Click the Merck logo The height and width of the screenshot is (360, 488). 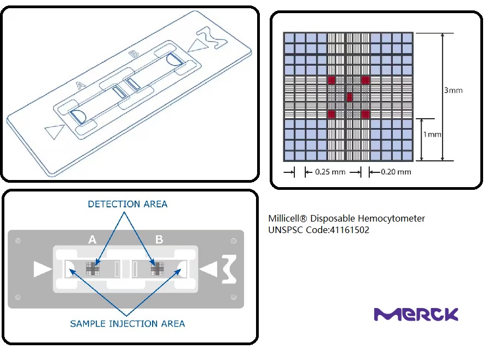pyautogui.click(x=416, y=314)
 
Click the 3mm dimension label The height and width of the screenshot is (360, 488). pyautogui.click(x=453, y=90)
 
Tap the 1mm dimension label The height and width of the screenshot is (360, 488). pyautogui.click(x=433, y=134)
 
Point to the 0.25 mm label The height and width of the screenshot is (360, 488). pyautogui.click(x=330, y=172)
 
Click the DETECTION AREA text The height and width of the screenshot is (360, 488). pyautogui.click(x=127, y=204)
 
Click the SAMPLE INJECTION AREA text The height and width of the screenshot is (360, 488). pyautogui.click(x=127, y=323)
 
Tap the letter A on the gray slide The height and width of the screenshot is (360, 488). pyautogui.click(x=92, y=239)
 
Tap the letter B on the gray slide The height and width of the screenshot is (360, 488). pyautogui.click(x=159, y=239)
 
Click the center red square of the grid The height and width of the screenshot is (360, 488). pyautogui.click(x=348, y=97)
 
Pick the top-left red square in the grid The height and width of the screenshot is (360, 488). pyautogui.click(x=331, y=80)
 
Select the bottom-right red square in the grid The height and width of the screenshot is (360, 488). pyautogui.click(x=365, y=114)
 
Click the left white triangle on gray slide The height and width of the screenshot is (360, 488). pyautogui.click(x=42, y=269)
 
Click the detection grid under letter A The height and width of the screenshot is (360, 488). pyautogui.click(x=92, y=268)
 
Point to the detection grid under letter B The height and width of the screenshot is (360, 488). pyautogui.click(x=159, y=268)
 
